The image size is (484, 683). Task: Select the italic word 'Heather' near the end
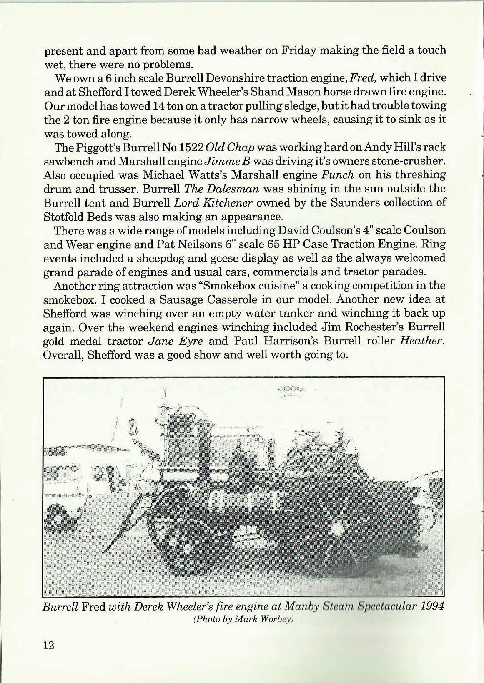coord(420,341)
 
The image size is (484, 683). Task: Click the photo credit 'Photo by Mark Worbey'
coord(244,619)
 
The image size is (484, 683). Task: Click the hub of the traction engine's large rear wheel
coord(336,529)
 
